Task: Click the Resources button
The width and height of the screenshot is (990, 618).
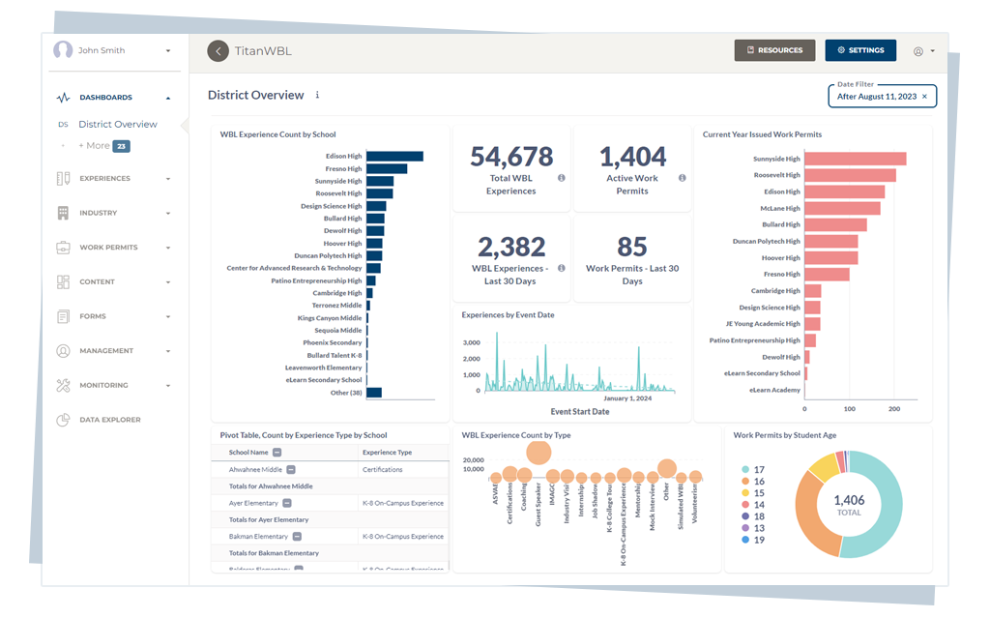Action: point(773,50)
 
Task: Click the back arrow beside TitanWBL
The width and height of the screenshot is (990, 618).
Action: point(218,50)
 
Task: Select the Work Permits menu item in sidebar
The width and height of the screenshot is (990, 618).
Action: point(108,248)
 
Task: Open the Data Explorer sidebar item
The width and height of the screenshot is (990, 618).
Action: point(109,420)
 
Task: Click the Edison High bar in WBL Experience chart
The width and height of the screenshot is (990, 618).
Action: point(394,156)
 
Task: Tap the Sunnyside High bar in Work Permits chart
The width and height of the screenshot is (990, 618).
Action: point(855,159)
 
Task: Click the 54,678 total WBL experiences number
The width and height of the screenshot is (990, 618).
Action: point(510,157)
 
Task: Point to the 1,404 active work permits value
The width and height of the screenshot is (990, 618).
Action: point(632,157)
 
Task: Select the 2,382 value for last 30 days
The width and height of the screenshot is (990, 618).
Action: point(510,247)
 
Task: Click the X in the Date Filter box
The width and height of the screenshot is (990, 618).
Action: point(924,97)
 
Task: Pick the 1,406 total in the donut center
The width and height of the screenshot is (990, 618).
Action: point(848,500)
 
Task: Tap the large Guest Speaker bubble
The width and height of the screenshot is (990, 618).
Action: point(538,453)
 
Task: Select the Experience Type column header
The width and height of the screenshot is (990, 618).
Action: point(387,452)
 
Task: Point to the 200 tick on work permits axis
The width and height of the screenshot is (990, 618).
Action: point(894,409)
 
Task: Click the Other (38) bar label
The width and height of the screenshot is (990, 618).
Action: point(346,393)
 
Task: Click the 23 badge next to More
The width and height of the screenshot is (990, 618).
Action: point(121,146)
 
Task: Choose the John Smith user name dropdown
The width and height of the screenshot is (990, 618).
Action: point(114,50)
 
